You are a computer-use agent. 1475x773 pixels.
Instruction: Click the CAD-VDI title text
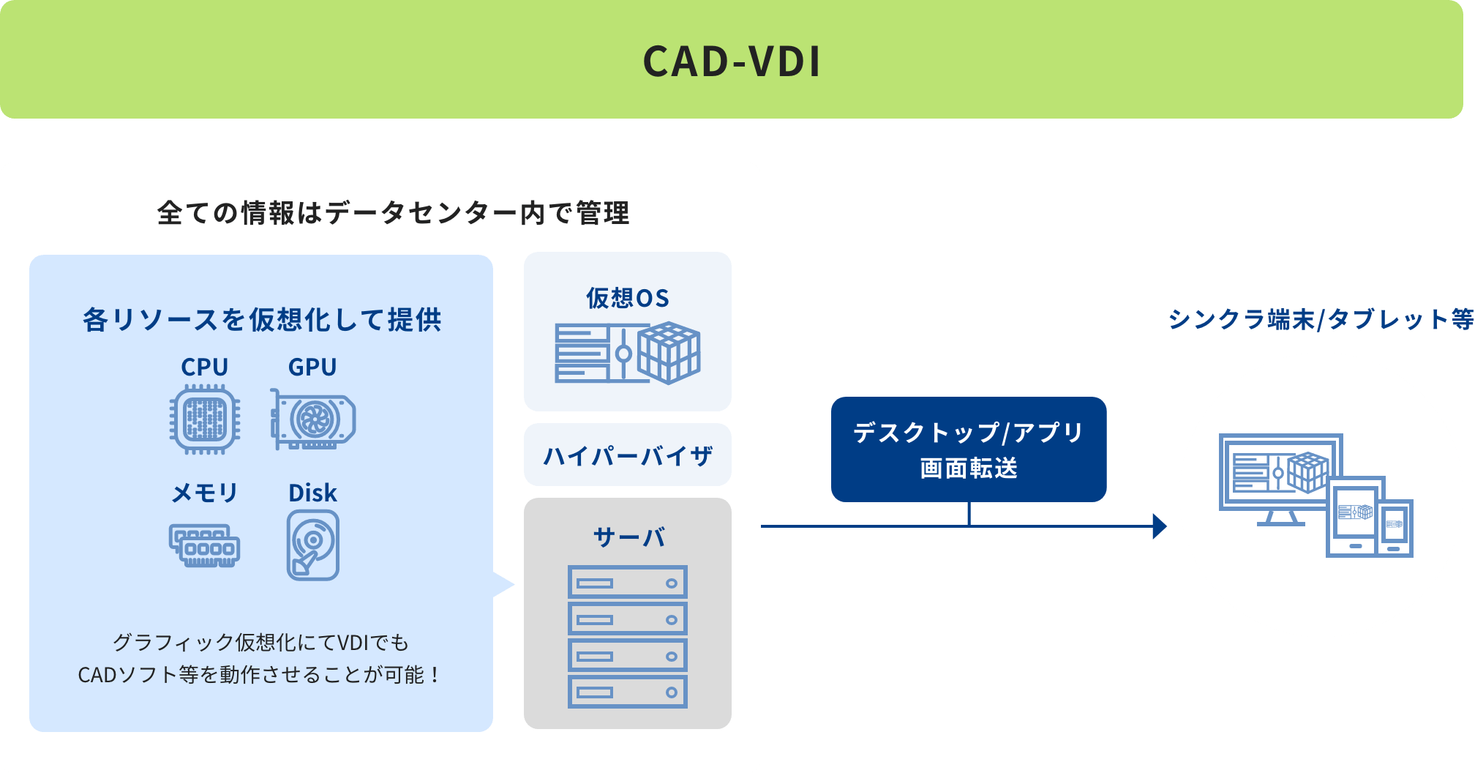tap(732, 61)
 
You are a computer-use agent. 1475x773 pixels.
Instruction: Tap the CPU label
tap(205, 367)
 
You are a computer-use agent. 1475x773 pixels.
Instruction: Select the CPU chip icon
tap(205, 419)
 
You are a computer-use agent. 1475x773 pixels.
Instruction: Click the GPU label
tap(312, 367)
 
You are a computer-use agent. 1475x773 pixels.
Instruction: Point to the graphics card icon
tap(312, 419)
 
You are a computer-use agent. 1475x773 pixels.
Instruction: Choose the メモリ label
tap(205, 493)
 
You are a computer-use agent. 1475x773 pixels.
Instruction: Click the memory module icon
tap(205, 545)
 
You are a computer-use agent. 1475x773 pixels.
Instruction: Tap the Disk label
tap(312, 493)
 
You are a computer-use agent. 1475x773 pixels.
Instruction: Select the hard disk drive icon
tap(313, 545)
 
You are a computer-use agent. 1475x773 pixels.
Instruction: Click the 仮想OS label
tap(628, 298)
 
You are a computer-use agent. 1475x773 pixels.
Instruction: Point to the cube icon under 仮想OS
tap(669, 353)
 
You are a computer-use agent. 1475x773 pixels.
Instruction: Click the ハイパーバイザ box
tap(628, 455)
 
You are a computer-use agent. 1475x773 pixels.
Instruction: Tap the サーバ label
tap(628, 537)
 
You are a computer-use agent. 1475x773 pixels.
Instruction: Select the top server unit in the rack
tap(628, 583)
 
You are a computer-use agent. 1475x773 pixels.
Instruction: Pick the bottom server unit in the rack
tap(628, 692)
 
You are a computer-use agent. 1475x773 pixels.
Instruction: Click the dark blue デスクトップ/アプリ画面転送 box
tap(969, 449)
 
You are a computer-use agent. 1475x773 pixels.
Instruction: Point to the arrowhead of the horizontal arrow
tap(1160, 526)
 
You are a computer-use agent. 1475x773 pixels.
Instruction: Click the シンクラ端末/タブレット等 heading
tap(1321, 319)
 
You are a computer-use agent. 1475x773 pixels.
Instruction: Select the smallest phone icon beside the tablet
tap(1395, 528)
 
